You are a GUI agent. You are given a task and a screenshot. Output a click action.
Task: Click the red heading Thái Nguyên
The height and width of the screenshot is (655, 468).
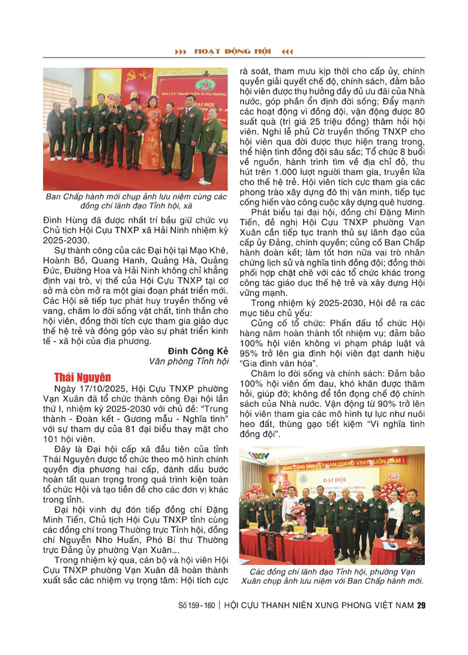pyautogui.click(x=82, y=377)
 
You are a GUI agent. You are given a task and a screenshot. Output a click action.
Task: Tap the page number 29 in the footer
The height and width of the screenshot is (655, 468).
pyautogui.click(x=421, y=605)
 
